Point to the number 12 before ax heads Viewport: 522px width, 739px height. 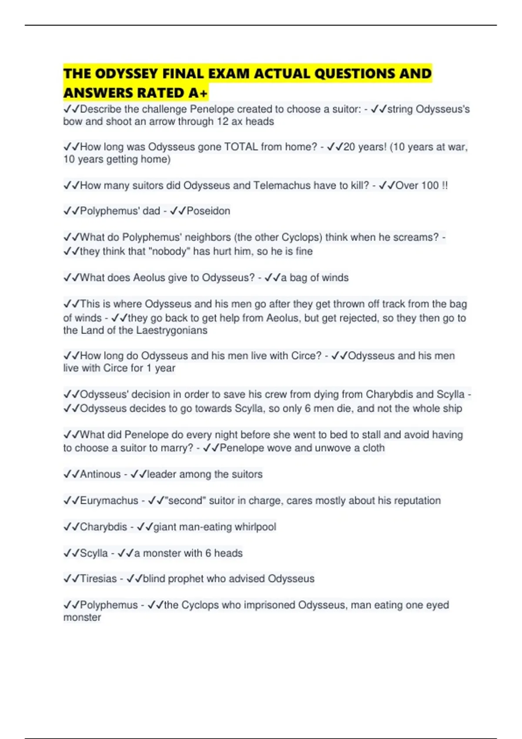(222, 122)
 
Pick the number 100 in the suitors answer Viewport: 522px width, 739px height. (430, 186)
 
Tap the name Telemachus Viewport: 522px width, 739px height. (282, 186)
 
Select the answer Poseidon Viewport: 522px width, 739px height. (208, 211)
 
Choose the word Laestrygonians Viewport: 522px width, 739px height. (171, 330)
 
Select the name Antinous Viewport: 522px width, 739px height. (100, 474)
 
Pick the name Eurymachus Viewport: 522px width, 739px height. (109, 501)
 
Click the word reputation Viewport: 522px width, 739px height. (417, 501)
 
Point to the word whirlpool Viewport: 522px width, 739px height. (255, 527)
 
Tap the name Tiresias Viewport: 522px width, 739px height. (98, 579)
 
